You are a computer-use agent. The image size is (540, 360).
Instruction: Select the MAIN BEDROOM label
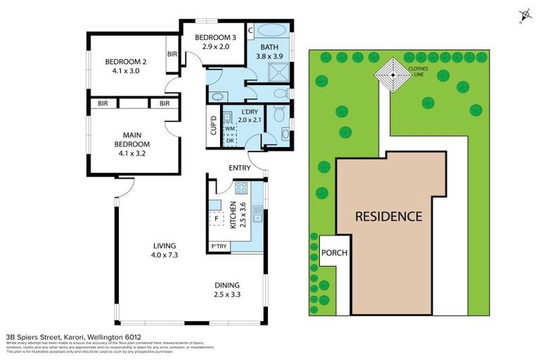click(x=117, y=139)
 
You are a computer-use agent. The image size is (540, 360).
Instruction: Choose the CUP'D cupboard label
click(x=213, y=127)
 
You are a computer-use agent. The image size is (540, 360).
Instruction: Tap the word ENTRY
click(x=240, y=167)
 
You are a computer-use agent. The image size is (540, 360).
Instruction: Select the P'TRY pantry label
click(x=218, y=246)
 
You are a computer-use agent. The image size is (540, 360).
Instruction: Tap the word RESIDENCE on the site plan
click(x=388, y=216)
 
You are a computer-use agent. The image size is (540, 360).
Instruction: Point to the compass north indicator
click(x=523, y=15)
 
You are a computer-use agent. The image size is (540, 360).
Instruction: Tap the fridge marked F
click(x=217, y=219)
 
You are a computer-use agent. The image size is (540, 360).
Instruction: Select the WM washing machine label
click(x=229, y=129)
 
